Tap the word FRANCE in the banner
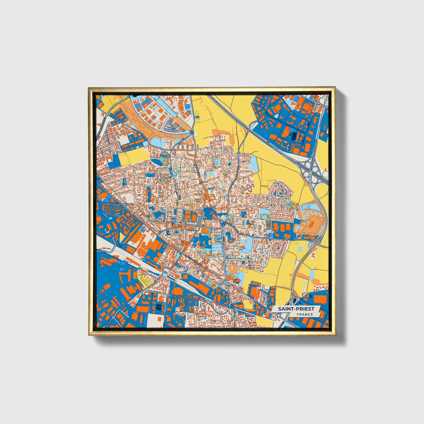coord(304,314)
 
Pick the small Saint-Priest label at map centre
coord(212,213)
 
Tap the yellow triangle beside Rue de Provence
coord(121,237)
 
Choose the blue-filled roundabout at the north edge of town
coord(192,132)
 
